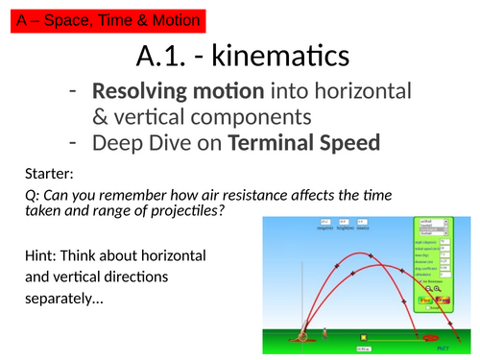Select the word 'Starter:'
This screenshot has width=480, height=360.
pos(53,176)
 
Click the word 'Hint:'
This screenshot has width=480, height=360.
pos(44,256)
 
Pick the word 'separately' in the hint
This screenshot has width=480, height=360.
pos(63,299)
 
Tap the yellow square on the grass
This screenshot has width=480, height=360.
pos(364,337)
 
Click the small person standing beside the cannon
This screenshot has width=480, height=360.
pos(324,335)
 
